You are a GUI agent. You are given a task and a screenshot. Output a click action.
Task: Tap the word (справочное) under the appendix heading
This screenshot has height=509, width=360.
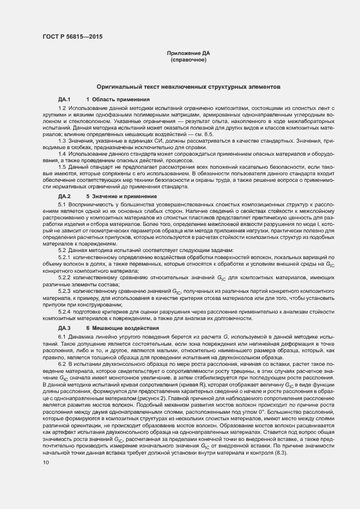(x=188, y=59)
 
